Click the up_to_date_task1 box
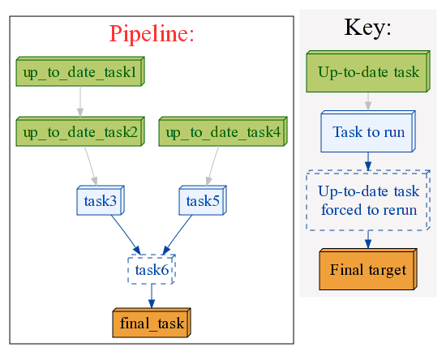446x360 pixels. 80,71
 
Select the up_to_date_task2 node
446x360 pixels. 80,131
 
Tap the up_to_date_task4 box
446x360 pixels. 223,131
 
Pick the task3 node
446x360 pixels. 101,200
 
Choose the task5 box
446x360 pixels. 203,200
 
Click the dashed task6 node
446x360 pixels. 152,269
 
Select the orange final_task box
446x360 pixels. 152,323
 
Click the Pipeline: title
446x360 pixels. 152,33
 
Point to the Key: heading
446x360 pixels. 368,28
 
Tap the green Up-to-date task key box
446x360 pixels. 368,71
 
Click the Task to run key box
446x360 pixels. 368,131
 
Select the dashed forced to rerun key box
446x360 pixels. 368,200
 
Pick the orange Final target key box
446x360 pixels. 368,269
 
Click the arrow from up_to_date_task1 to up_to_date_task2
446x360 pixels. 80,101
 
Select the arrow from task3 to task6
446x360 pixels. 126,235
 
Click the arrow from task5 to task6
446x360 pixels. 178,235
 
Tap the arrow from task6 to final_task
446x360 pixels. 152,296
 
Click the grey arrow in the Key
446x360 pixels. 368,101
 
